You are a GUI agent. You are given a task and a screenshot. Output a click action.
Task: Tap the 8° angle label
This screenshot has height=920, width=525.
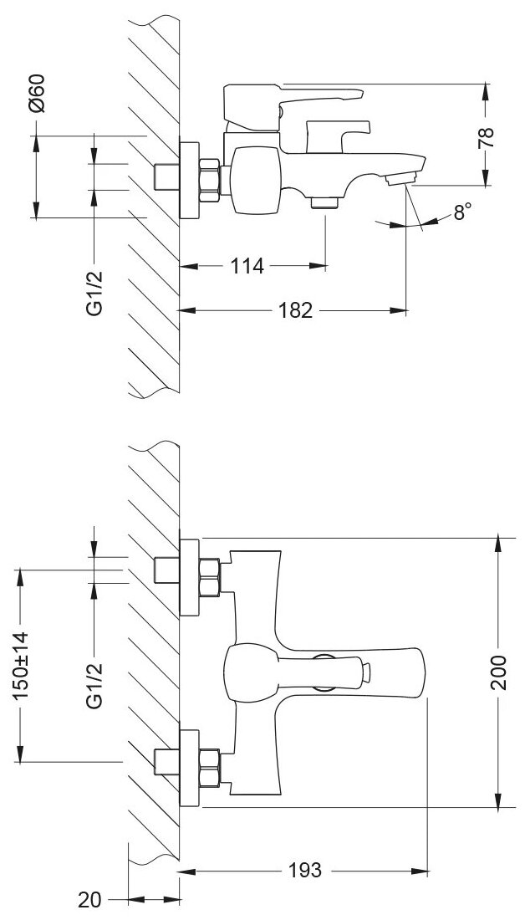(461, 212)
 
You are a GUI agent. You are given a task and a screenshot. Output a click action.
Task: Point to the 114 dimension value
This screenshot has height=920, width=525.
(248, 267)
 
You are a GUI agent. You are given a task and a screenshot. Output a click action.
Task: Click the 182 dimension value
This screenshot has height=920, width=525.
(294, 311)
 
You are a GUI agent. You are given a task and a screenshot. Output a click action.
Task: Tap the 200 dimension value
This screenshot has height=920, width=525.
(499, 672)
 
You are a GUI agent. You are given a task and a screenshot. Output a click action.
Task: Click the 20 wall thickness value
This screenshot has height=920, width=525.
(90, 900)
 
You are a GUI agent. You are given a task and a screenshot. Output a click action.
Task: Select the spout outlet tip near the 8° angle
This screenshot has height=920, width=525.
(402, 178)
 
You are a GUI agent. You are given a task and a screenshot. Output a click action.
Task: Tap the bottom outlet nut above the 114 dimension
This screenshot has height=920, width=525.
(323, 202)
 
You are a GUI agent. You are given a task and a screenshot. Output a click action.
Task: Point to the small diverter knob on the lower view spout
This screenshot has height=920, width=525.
(364, 671)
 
